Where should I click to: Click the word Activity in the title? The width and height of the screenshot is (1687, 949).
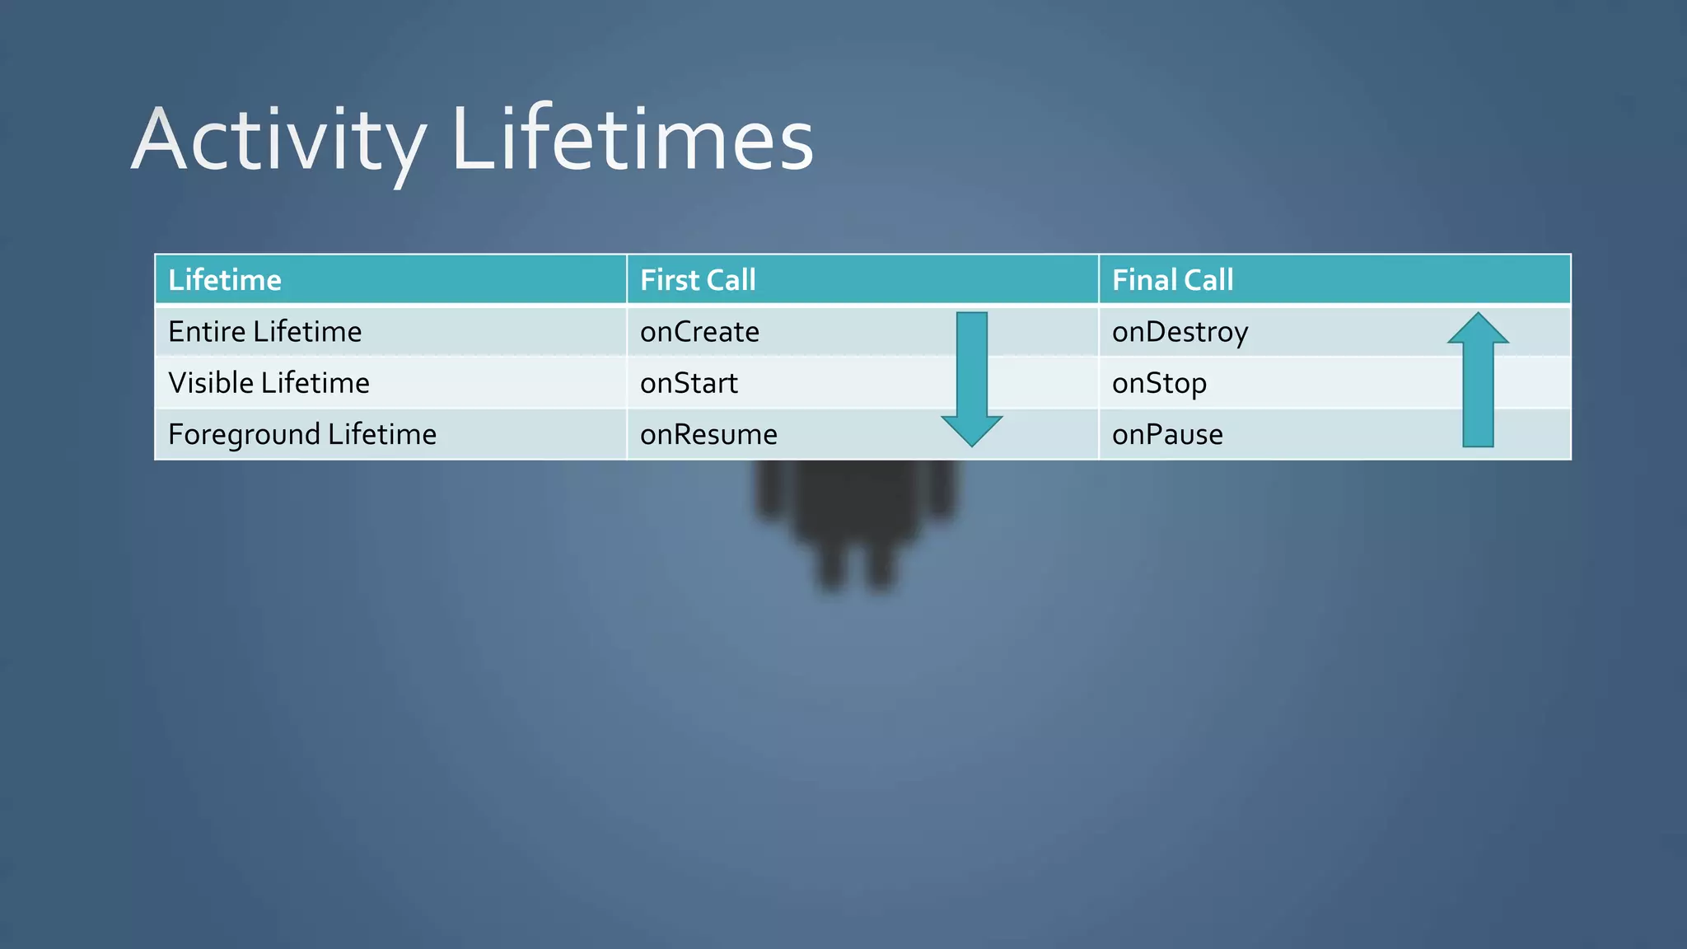[278, 140]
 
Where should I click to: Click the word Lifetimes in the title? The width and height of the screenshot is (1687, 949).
[633, 140]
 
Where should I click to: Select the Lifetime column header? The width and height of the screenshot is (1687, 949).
[225, 280]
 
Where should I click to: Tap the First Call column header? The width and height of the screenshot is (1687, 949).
[698, 280]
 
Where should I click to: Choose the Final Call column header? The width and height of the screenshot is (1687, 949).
[1172, 280]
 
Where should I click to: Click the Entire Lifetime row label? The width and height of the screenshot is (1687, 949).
[264, 332]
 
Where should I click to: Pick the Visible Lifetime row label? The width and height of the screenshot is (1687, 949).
[269, 383]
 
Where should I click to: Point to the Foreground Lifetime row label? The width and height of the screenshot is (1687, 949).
[302, 434]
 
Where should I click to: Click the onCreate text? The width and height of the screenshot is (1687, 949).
[699, 332]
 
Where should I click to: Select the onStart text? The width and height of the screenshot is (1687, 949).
[689, 383]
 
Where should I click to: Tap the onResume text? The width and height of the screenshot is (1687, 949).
[708, 434]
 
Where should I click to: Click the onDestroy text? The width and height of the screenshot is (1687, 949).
[1180, 332]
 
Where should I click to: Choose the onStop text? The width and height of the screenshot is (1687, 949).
[1159, 383]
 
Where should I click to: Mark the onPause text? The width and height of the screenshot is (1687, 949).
[1167, 434]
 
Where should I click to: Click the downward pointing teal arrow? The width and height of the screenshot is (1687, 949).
[972, 371]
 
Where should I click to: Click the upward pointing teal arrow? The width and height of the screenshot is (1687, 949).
[1478, 387]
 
